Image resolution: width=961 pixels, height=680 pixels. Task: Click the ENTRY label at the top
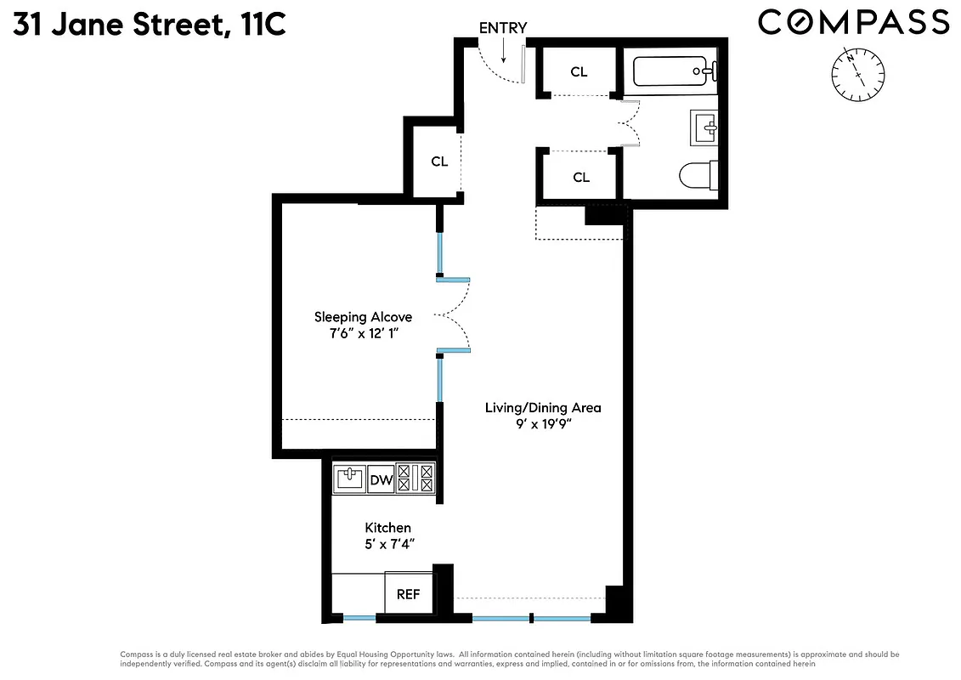tap(502, 28)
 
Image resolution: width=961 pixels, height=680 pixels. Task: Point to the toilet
tap(698, 175)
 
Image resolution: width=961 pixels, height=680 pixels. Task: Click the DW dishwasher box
tap(382, 480)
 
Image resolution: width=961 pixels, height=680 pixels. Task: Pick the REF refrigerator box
tap(409, 594)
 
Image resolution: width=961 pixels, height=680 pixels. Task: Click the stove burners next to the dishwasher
tap(415, 479)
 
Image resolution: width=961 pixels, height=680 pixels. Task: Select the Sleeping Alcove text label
tap(363, 317)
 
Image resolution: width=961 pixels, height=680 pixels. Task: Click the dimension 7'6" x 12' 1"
tap(363, 334)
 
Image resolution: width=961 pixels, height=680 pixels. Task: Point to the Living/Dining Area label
tap(543, 407)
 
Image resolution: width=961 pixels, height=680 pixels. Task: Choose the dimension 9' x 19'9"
tap(543, 424)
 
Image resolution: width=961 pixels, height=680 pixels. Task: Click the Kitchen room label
tap(388, 528)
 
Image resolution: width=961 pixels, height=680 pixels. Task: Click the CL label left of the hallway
tap(439, 161)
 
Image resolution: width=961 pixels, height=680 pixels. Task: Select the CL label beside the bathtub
tap(579, 72)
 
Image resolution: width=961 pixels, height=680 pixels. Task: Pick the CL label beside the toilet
tap(581, 178)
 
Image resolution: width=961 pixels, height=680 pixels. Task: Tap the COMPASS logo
tap(853, 22)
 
